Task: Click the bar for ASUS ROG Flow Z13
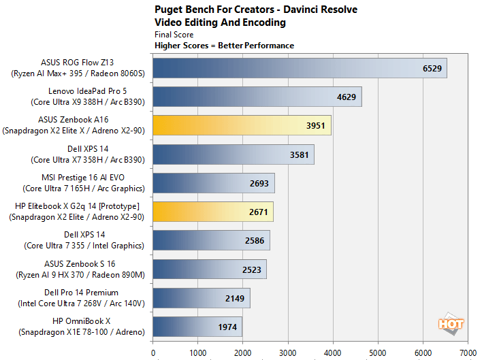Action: coord(300,68)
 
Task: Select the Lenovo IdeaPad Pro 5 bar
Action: coord(257,97)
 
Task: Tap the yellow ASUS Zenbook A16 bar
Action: coord(242,125)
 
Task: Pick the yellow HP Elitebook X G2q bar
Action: coord(213,212)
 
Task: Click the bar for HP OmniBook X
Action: coord(197,327)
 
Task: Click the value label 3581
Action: coord(300,154)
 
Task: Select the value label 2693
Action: coord(260,183)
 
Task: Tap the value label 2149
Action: coord(236,298)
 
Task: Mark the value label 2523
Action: coord(252,269)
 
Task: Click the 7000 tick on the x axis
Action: coord(468,353)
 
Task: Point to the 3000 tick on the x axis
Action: coord(287,353)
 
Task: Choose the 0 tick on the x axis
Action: coord(152,353)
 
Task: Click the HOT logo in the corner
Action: coord(451,325)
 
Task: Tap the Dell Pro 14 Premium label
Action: coord(86,293)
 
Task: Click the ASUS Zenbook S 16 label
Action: coord(86,263)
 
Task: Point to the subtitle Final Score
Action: coord(174,35)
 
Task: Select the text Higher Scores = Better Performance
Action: coord(225,46)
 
